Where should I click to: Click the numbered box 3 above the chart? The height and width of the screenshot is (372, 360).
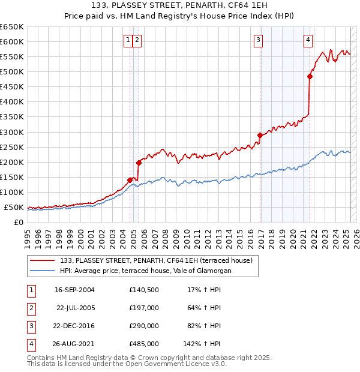258,40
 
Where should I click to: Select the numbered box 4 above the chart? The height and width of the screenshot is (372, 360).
308,40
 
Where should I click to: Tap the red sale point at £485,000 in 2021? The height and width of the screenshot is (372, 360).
310,76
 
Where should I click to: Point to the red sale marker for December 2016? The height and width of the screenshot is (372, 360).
260,135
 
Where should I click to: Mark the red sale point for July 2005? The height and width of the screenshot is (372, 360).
139,163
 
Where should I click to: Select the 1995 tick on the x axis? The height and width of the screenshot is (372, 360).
28,238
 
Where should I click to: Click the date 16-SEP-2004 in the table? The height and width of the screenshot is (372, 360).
74,290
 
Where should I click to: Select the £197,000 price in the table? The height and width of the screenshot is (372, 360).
144,308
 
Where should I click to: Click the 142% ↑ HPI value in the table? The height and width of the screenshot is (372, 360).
202,344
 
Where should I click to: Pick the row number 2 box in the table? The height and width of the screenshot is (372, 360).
30,308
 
